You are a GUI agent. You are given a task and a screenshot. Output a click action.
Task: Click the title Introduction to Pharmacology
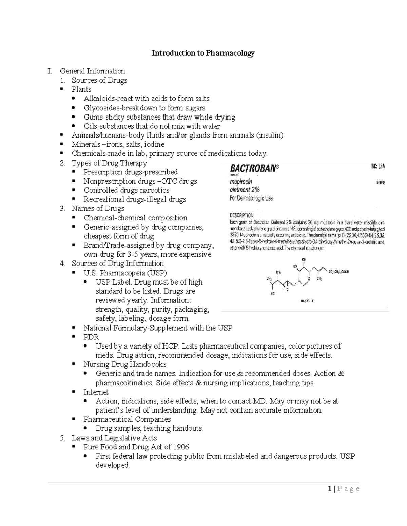click(203, 53)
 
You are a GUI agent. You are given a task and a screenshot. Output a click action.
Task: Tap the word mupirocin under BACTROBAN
click(241, 182)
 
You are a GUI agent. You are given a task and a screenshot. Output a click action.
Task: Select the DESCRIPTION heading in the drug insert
click(242, 215)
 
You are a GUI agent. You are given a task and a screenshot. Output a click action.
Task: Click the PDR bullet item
click(91, 337)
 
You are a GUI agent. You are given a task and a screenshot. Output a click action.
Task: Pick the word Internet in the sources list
click(96, 392)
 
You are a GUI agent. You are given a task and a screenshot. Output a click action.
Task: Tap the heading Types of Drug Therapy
click(109, 163)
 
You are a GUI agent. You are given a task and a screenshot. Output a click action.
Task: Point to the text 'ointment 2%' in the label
click(245, 190)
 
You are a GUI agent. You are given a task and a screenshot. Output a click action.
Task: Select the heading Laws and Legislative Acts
click(114, 438)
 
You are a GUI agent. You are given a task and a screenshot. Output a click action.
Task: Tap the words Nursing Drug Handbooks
click(125, 364)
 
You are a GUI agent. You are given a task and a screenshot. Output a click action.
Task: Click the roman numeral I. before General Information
click(50, 71)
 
